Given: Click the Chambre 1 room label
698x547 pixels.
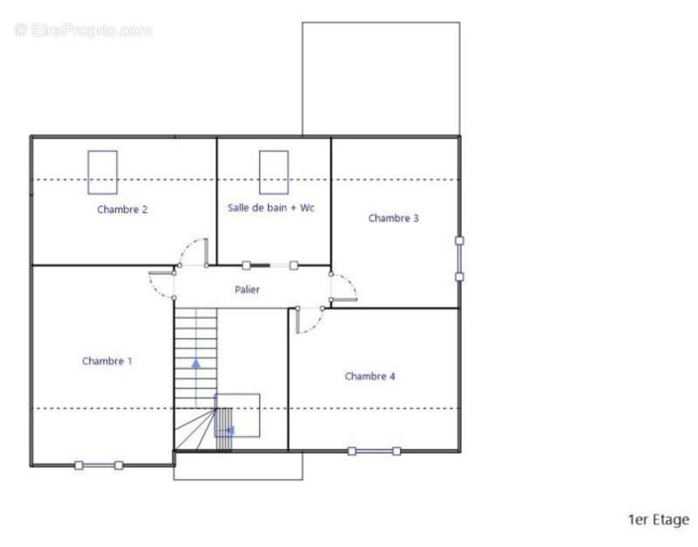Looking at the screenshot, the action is [x=106, y=361].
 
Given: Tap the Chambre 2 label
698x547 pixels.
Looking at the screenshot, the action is [x=122, y=210].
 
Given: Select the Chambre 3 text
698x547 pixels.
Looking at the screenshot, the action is [x=393, y=218].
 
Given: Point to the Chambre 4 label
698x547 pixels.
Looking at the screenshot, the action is [x=370, y=377].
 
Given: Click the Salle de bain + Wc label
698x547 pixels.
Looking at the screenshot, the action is [x=271, y=208].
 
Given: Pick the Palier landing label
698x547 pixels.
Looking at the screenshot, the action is [x=247, y=290].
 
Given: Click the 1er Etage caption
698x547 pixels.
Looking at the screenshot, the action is [x=659, y=520].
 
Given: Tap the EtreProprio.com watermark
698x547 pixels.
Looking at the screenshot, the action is [x=83, y=31].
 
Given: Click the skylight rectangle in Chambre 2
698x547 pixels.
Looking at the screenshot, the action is [x=102, y=172].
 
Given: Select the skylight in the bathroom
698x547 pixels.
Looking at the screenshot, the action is [x=274, y=172].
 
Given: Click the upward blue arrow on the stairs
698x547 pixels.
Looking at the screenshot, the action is [x=195, y=364].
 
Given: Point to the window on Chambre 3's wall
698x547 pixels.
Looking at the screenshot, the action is [x=460, y=259].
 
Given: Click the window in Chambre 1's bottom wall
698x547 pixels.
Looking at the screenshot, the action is [x=99, y=466].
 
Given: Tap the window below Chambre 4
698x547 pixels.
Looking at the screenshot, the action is [x=374, y=451].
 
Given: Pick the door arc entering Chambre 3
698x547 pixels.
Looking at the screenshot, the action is [x=351, y=280].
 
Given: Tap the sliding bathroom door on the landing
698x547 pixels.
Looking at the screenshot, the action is [x=270, y=266].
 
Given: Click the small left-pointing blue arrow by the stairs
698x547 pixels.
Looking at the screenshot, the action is [x=229, y=431].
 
